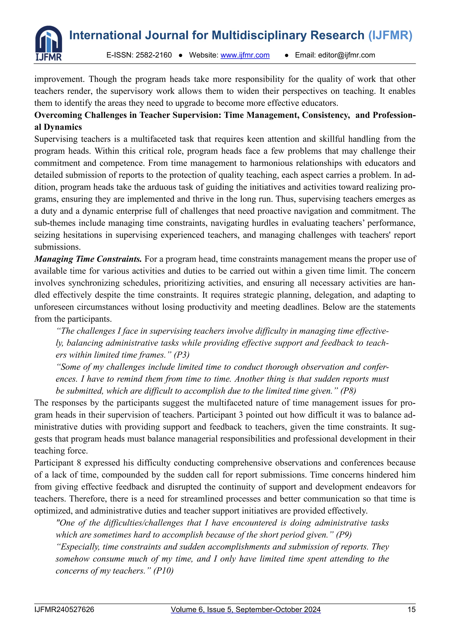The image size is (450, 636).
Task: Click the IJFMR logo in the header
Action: (x=49, y=43)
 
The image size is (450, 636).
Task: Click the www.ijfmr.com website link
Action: (x=245, y=55)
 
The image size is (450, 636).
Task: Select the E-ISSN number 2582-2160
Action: (x=154, y=55)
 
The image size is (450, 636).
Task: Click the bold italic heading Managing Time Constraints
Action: (x=88, y=259)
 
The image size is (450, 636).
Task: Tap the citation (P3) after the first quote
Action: (x=181, y=355)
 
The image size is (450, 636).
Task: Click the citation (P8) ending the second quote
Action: (x=348, y=391)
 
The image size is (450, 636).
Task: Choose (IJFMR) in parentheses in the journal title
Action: (x=390, y=35)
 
